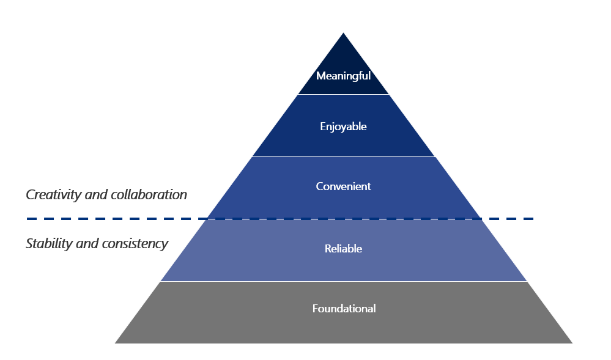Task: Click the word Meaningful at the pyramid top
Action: pyautogui.click(x=343, y=76)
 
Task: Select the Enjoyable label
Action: pyautogui.click(x=343, y=127)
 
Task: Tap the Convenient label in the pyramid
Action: pyautogui.click(x=343, y=186)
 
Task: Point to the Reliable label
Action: pyautogui.click(x=343, y=249)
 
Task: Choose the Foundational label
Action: pyautogui.click(x=344, y=309)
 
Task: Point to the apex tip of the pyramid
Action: pyautogui.click(x=343, y=34)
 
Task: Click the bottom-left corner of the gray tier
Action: pyautogui.click(x=116, y=342)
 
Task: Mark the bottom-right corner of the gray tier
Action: pyautogui.click(x=571, y=342)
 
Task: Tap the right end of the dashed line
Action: pyautogui.click(x=533, y=218)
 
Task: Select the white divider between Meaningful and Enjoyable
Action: pyautogui.click(x=343, y=95)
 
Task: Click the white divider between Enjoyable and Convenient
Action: pyautogui.click(x=343, y=157)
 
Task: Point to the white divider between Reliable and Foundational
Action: pyautogui.click(x=343, y=282)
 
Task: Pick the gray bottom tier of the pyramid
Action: pyautogui.click(x=245, y=318)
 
